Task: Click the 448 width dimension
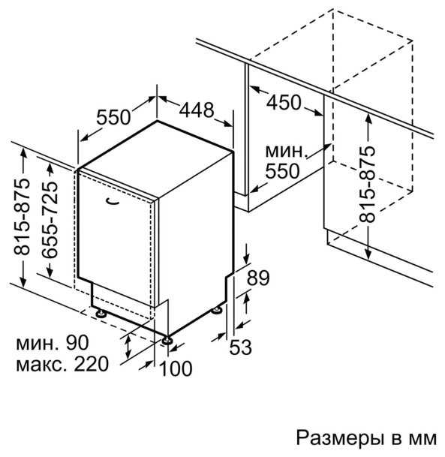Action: pos(197,110)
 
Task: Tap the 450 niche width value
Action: pos(284,102)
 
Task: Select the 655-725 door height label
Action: pos(49,220)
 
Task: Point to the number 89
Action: pos(258,278)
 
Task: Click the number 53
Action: pos(240,347)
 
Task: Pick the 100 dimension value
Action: pos(176,368)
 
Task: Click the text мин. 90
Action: pos(53,342)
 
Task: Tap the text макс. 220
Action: pos(62,364)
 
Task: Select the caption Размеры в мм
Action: pos(366,437)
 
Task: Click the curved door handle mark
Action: pos(113,201)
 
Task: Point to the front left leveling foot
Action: pos(101,314)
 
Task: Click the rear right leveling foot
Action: pos(217,310)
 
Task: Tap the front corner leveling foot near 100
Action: pos(167,340)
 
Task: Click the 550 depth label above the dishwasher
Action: pos(113,117)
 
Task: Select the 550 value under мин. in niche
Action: pos(282,171)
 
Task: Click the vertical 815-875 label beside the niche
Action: pos(367,184)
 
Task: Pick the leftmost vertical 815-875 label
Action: pos(22,217)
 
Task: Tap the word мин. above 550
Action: pos(287,152)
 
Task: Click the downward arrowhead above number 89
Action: pos(247,259)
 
